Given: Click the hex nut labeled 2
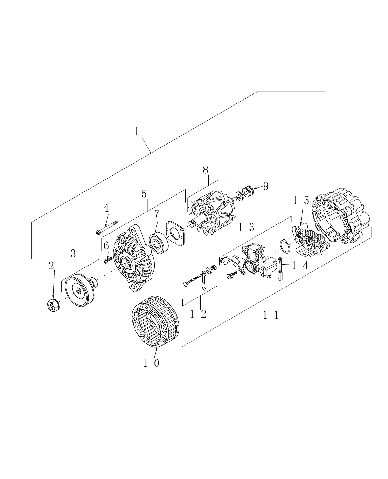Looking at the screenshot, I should (x=53, y=305).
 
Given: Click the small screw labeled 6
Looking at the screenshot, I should (x=108, y=260).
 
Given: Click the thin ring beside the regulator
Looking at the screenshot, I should (x=284, y=246).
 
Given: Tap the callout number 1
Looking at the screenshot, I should (x=136, y=132).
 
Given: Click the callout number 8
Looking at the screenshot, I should (x=205, y=169).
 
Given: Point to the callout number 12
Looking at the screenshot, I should (x=198, y=314).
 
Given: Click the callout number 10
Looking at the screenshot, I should (x=151, y=364).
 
